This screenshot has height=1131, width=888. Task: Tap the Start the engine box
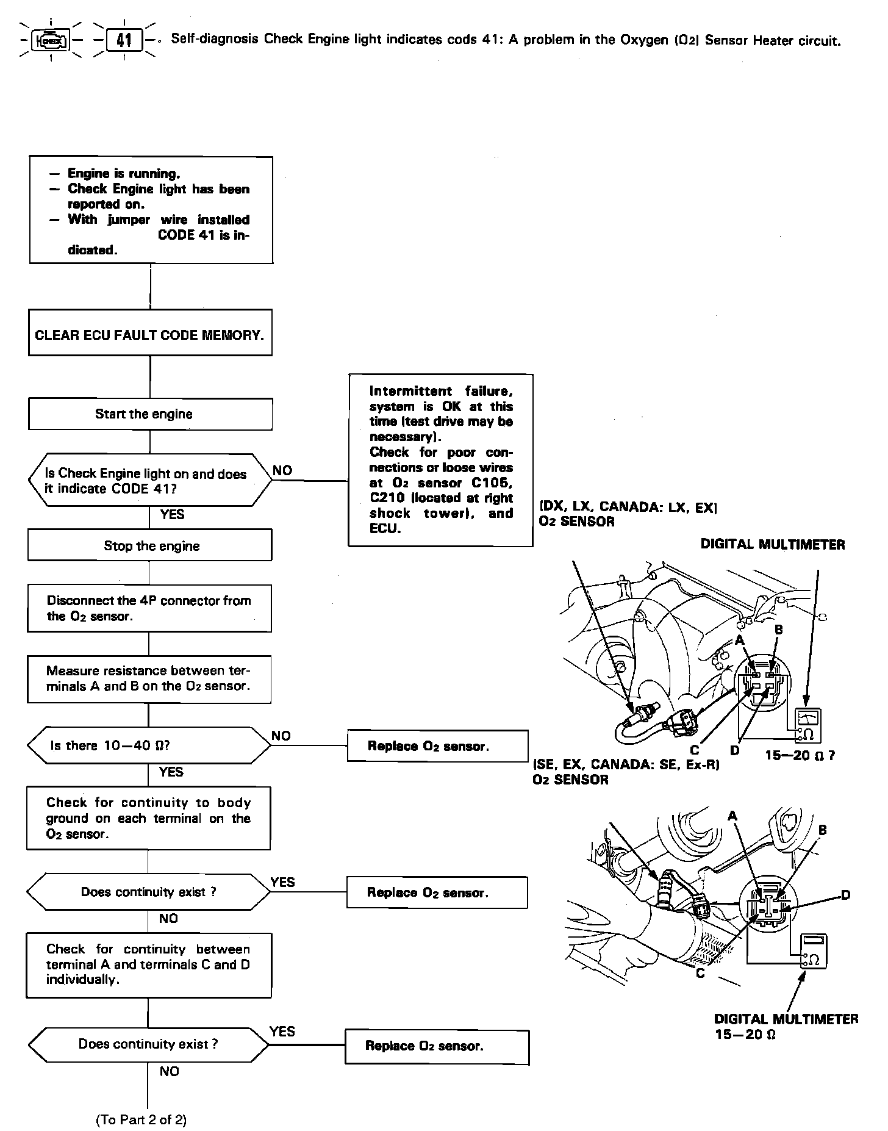150,414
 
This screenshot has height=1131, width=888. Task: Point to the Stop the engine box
150,545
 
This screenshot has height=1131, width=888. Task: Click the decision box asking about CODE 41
149,481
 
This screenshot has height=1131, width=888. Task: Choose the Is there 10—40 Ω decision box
149,745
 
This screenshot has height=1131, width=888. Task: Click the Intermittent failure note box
440,460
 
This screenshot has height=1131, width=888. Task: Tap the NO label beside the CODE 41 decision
282,470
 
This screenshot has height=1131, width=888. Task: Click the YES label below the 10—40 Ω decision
171,772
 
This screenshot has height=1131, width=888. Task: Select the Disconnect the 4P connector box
149,608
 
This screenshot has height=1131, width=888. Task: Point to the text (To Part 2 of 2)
141,1119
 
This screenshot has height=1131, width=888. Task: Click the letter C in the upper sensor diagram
695,751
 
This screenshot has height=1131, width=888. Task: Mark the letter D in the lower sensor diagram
845,895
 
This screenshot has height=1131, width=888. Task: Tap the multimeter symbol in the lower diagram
814,951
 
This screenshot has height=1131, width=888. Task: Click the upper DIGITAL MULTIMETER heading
773,545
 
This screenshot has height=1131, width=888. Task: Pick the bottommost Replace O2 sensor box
437,1046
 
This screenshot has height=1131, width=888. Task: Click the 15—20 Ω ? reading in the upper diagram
800,756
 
